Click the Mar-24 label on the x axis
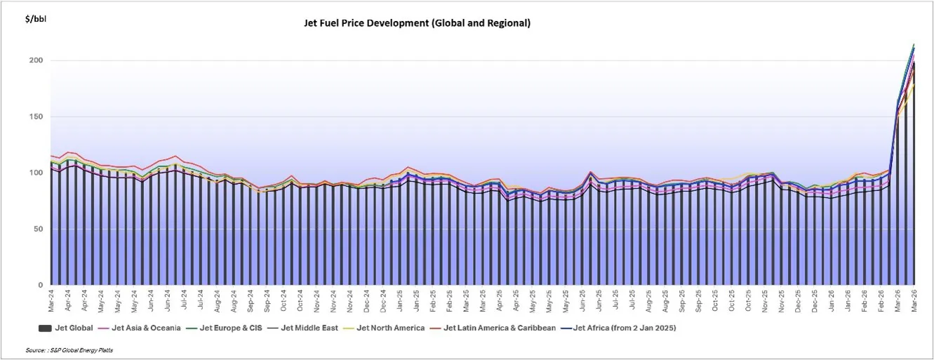coord(52,302)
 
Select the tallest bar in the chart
coord(914,175)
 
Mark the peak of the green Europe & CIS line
coord(914,45)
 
